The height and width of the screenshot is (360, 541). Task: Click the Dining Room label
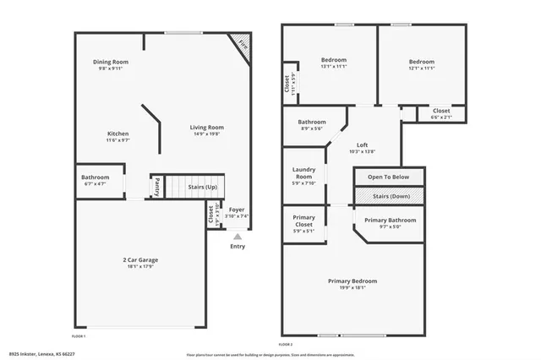110,62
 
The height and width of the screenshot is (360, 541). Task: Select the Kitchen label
117,134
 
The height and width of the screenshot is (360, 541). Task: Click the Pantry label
156,184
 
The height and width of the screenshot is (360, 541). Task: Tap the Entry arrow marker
237,237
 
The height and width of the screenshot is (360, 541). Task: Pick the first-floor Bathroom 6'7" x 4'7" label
96,177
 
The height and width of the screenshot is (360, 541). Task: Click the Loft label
362,145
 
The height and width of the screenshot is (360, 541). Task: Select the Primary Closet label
303,222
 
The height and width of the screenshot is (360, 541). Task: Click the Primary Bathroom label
390,220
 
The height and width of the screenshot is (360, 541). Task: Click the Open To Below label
388,177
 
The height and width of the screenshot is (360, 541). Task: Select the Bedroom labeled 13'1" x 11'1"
334,62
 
